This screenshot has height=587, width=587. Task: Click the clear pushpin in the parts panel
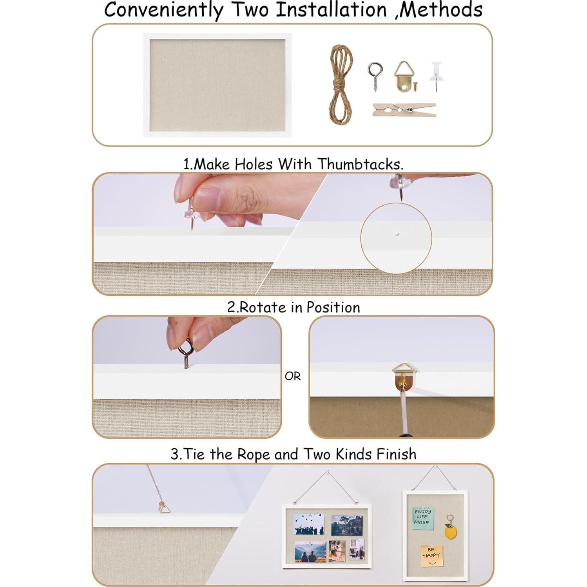(436, 74)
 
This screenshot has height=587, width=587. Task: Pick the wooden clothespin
(404, 110)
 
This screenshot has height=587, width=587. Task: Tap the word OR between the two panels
(293, 377)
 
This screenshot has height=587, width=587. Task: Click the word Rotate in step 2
(263, 308)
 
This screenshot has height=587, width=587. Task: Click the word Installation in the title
(331, 10)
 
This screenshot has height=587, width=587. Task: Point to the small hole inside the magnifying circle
(397, 234)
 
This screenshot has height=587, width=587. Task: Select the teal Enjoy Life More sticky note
(422, 518)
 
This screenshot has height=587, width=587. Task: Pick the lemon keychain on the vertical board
(451, 531)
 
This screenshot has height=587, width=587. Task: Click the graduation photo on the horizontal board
(309, 524)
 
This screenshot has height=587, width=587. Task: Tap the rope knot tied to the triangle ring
(162, 506)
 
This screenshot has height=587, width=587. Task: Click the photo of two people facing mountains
(310, 551)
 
